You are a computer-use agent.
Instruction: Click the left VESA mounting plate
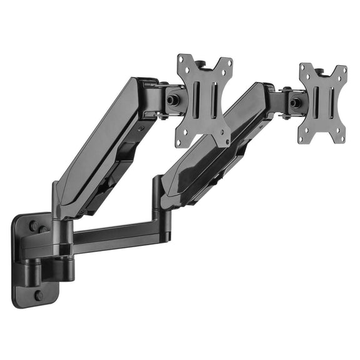tap(204, 100)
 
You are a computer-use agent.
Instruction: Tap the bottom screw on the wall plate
tap(39, 294)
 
